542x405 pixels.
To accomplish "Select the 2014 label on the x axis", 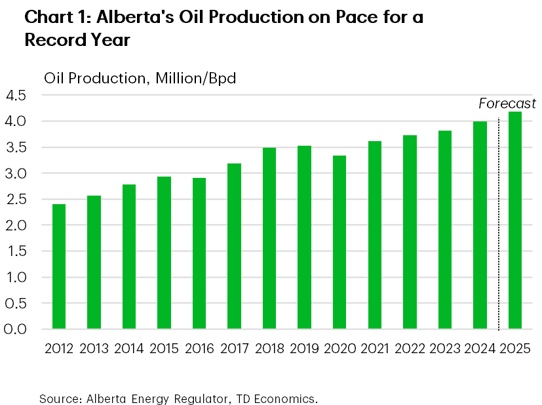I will click(x=129, y=348).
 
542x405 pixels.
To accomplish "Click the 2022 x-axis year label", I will click(x=410, y=348).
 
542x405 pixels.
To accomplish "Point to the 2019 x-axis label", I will click(x=304, y=348).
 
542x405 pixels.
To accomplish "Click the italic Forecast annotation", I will click(x=507, y=104).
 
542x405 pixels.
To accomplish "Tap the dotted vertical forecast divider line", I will click(x=499, y=223).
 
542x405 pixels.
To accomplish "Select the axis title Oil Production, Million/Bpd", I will click(x=140, y=78).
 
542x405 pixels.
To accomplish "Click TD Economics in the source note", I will click(x=283, y=398).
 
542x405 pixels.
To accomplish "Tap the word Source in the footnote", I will click(x=55, y=398).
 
